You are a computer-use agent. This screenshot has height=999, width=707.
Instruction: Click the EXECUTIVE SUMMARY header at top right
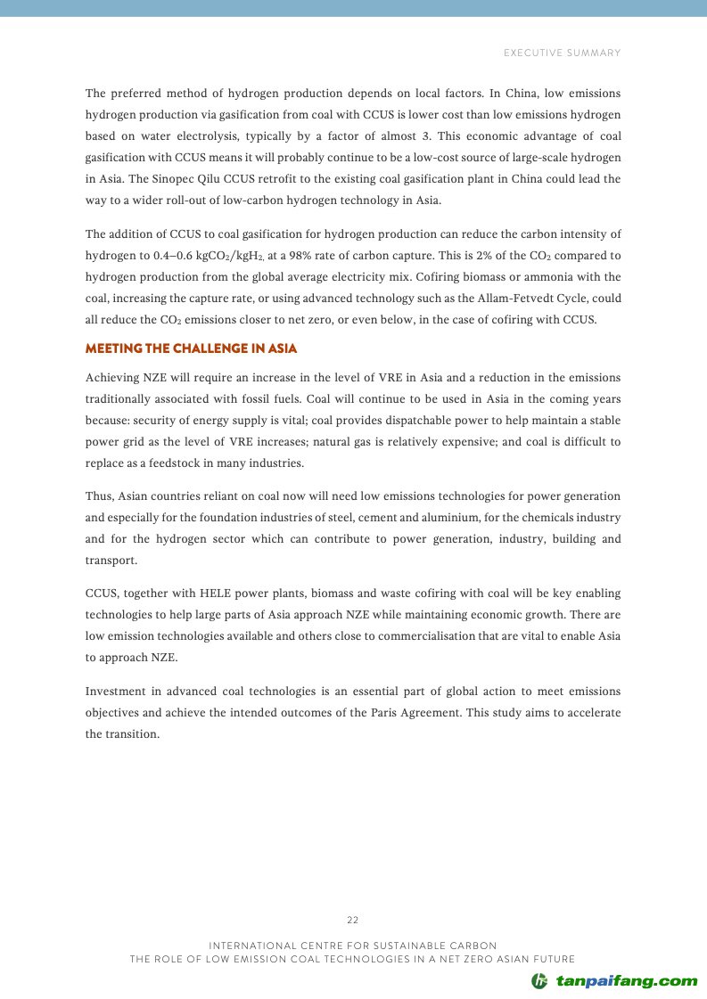point(562,53)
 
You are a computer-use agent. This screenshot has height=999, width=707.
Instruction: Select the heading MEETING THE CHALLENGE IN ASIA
point(191,348)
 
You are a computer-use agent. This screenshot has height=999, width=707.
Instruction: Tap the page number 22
point(353,920)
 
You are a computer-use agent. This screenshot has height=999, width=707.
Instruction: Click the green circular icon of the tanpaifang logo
point(539,981)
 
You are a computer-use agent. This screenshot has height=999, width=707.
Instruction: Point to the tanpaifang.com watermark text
point(627,981)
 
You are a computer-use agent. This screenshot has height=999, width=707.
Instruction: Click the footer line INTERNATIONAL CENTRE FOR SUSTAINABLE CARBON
point(353,945)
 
